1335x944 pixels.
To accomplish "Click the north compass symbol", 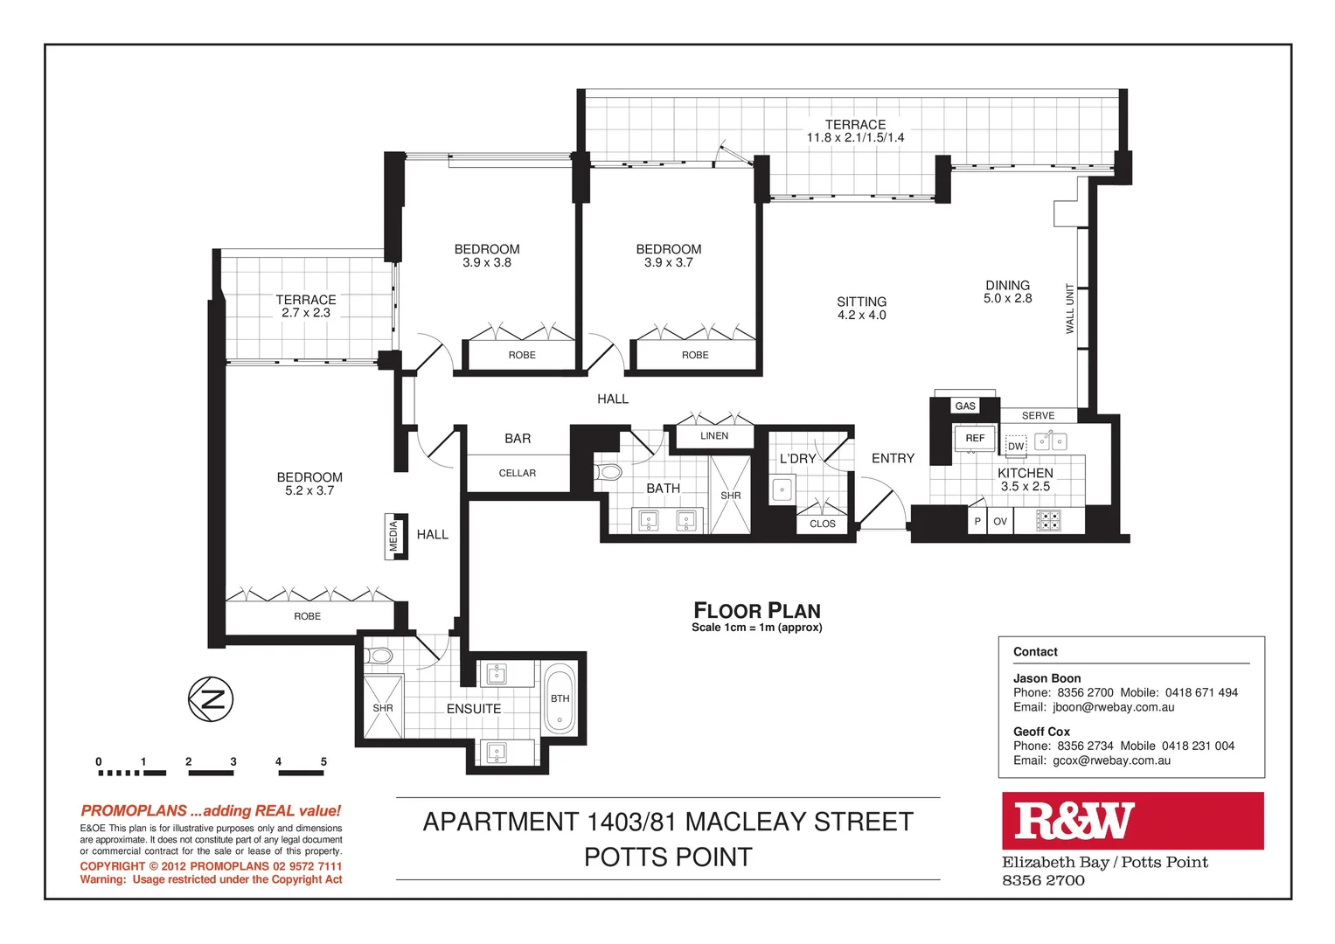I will click(x=211, y=699).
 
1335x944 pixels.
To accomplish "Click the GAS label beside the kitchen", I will click(x=965, y=406).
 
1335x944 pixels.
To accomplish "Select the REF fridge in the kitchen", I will click(x=975, y=438).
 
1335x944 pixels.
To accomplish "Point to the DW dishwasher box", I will click(x=1015, y=446).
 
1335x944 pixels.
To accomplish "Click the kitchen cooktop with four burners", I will click(x=1048, y=521).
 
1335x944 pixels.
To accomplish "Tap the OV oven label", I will click(x=1000, y=522).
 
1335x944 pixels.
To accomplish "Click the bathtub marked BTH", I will click(x=560, y=699).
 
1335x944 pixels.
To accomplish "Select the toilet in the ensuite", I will click(x=381, y=656).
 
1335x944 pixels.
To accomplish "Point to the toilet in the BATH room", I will click(x=609, y=473).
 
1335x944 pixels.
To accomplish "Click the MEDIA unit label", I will click(x=394, y=536).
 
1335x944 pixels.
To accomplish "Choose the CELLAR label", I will click(x=518, y=474).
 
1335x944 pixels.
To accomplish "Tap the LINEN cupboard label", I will click(x=714, y=436).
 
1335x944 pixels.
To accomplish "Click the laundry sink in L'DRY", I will click(x=782, y=489).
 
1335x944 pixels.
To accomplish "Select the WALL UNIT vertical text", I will click(x=1069, y=309).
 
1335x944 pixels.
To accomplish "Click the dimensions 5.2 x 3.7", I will click(x=309, y=491).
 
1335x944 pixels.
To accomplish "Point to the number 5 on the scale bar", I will click(x=323, y=762).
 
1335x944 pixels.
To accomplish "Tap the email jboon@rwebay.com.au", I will click(x=1113, y=707).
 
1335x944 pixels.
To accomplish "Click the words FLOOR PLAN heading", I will click(x=757, y=610).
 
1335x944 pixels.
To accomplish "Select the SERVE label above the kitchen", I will click(x=1038, y=416).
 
